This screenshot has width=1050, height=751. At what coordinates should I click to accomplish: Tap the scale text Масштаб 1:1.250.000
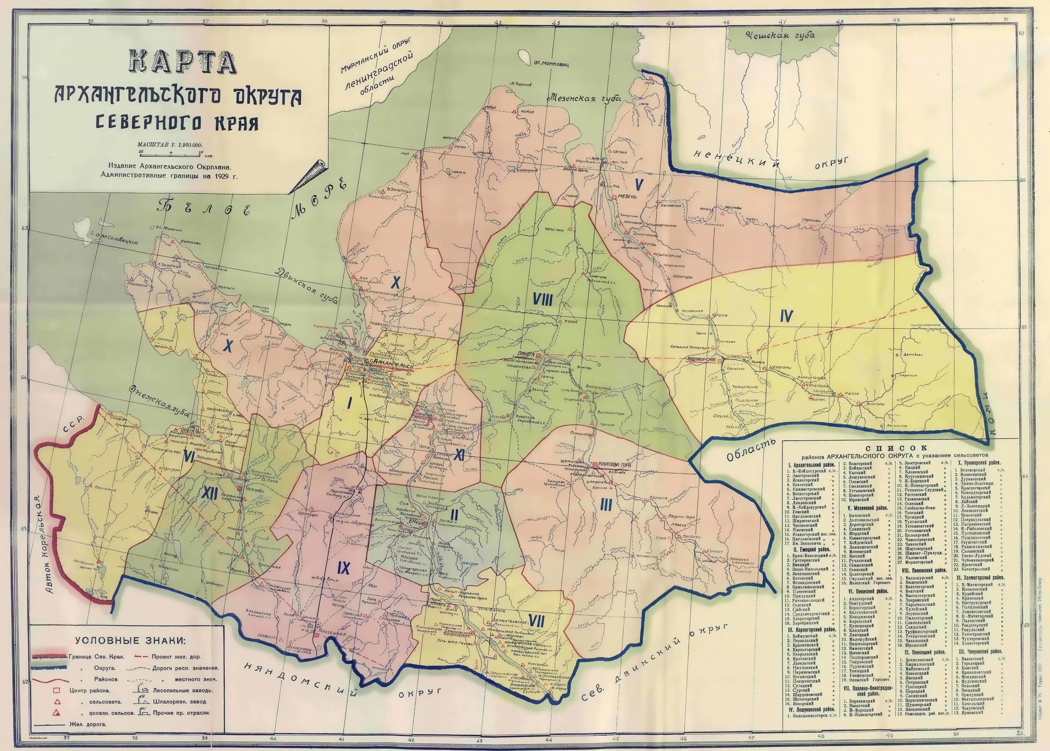click(170, 145)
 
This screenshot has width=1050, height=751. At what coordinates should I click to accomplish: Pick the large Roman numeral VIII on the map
click(542, 301)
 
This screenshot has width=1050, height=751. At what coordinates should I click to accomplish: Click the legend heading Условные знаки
click(130, 640)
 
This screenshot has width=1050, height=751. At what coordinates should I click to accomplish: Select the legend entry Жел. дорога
click(87, 724)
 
